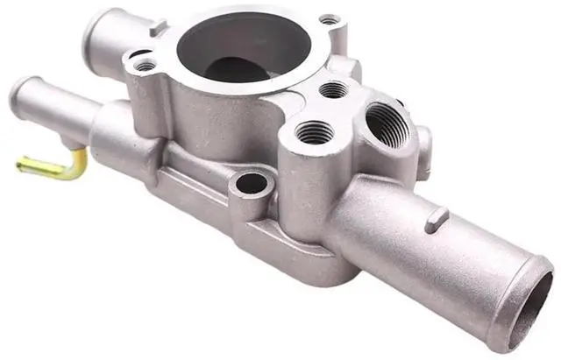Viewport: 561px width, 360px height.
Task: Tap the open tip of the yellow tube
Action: pyautogui.click(x=20, y=161)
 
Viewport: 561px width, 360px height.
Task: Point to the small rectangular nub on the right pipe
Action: pyautogui.click(x=436, y=221)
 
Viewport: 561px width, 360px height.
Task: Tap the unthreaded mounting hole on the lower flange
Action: pyautogui.click(x=252, y=183)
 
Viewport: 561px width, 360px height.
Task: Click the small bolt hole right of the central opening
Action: pyautogui.click(x=329, y=18)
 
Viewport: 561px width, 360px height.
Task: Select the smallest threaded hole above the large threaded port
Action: pyautogui.click(x=334, y=88)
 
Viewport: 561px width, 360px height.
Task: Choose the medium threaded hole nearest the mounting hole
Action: pyautogui.click(x=315, y=132)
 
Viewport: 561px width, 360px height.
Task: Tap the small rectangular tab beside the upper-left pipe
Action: pyautogui.click(x=158, y=29)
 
